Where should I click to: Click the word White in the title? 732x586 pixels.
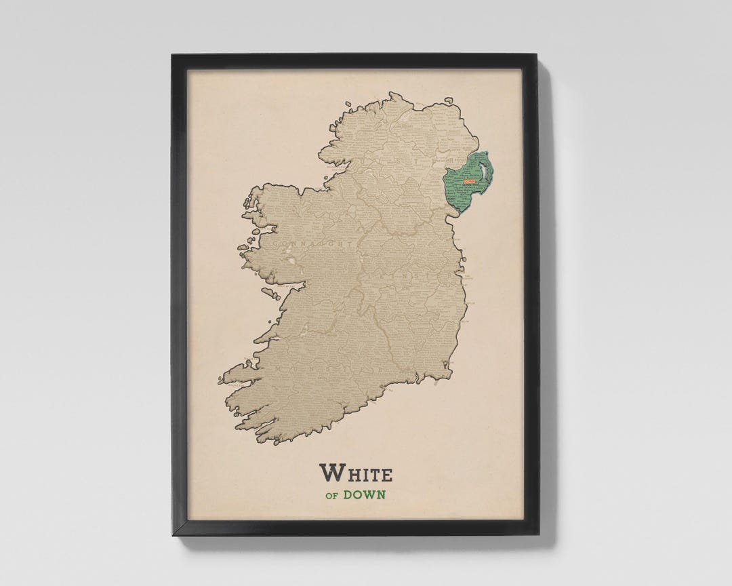(355, 473)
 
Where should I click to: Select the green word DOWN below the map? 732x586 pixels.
(364, 494)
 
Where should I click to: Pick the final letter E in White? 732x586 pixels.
(386, 474)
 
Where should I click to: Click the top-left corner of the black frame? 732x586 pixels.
(174, 56)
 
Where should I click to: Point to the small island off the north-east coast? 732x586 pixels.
(448, 102)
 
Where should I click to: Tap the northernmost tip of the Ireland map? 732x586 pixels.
(392, 94)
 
